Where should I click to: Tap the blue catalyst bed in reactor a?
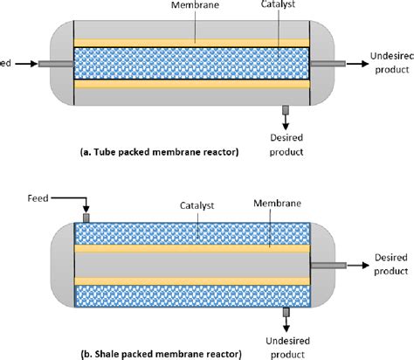click(x=191, y=63)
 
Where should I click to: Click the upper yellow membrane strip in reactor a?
click(x=191, y=42)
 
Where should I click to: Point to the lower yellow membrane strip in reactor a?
click(x=191, y=85)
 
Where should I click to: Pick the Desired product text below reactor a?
click(x=287, y=144)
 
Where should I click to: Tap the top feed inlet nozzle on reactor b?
click(x=86, y=217)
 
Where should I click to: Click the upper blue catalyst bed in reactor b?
click(x=191, y=232)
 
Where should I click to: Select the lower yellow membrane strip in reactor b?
click(x=191, y=280)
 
